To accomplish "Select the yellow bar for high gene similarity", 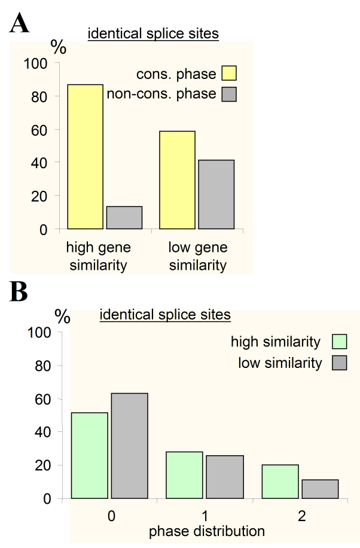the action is [x=86, y=157].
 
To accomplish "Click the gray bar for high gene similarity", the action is [x=124, y=218].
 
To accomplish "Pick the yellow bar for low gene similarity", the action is [x=177, y=180].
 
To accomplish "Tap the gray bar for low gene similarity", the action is [x=216, y=194].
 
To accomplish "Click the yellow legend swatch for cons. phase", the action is [x=229, y=73].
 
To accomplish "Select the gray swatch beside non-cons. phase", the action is [x=229, y=94].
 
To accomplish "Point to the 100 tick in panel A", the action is [x=35, y=63].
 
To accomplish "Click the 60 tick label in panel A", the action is [x=39, y=130].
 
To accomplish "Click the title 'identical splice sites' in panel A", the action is [x=153, y=34].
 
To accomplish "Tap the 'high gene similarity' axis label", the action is [x=99, y=256].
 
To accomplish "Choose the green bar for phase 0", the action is [x=90, y=455].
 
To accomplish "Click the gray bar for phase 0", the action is [x=130, y=446].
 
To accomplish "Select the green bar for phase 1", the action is [x=185, y=475].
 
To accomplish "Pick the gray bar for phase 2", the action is [x=320, y=489].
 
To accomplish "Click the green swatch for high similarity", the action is [x=340, y=342].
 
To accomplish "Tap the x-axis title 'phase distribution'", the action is [x=207, y=531].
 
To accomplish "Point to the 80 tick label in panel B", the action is [x=43, y=366].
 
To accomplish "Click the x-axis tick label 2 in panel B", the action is [x=302, y=516].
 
